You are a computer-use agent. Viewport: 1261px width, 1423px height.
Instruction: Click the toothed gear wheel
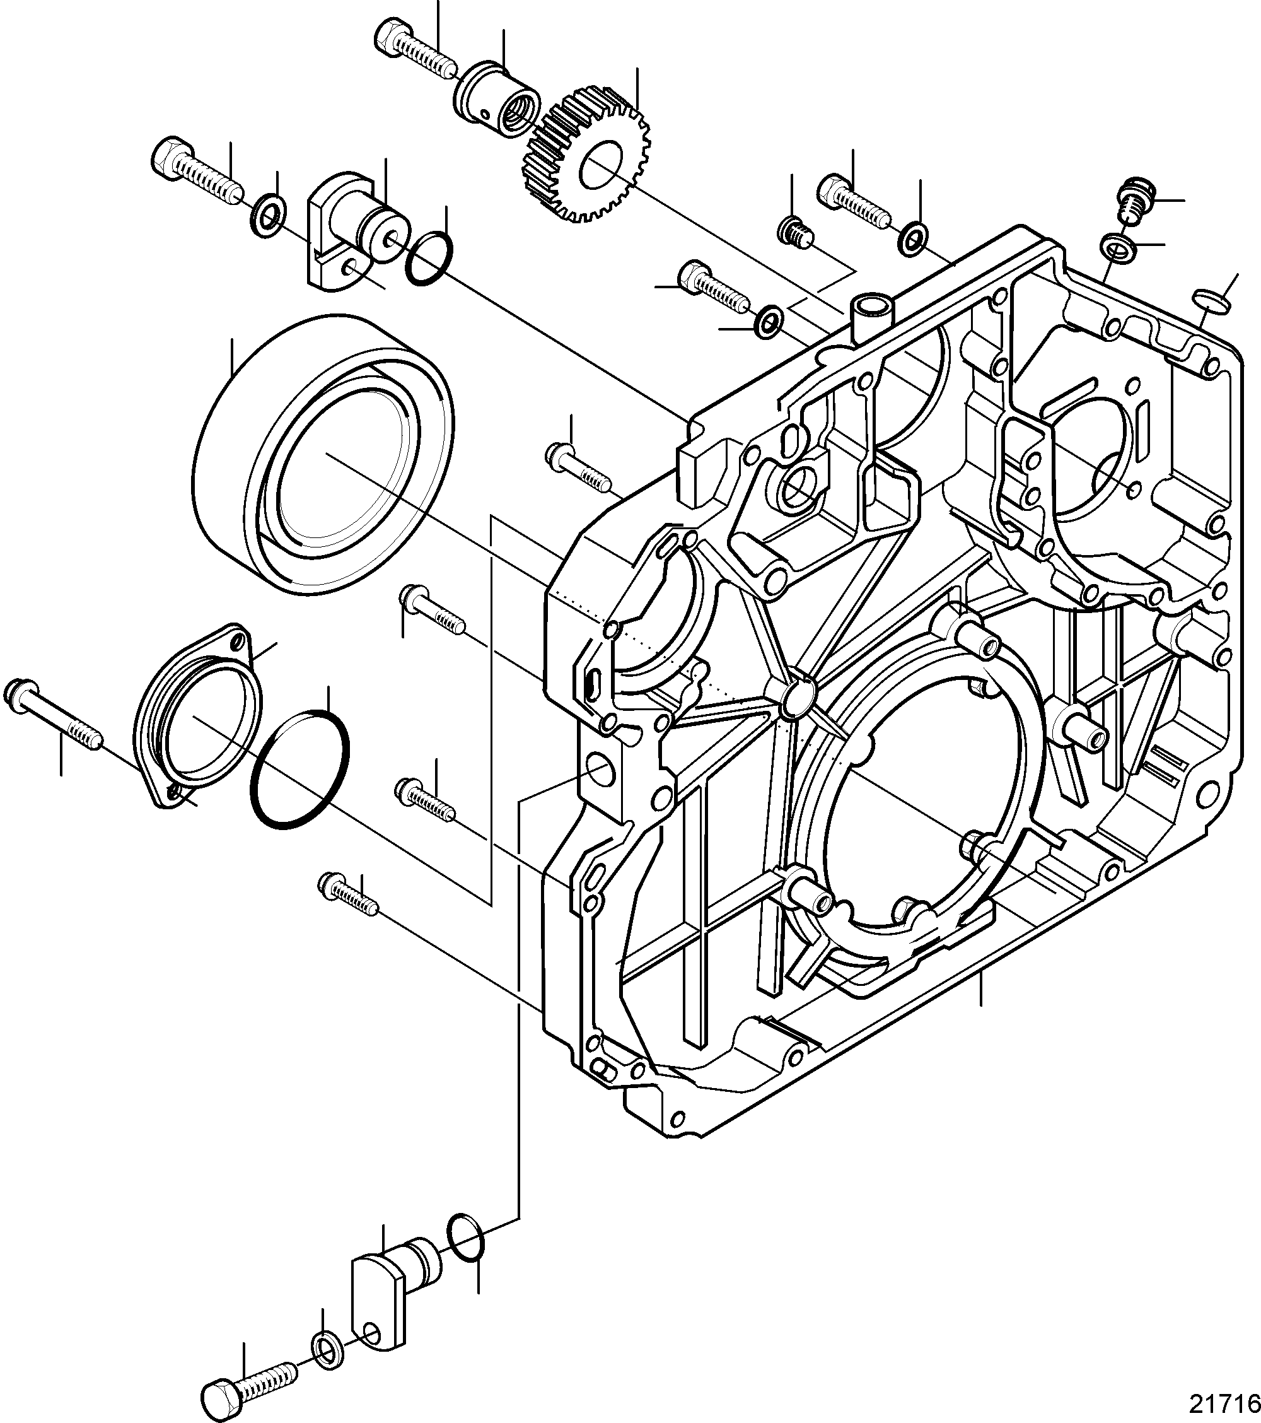click(x=584, y=155)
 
